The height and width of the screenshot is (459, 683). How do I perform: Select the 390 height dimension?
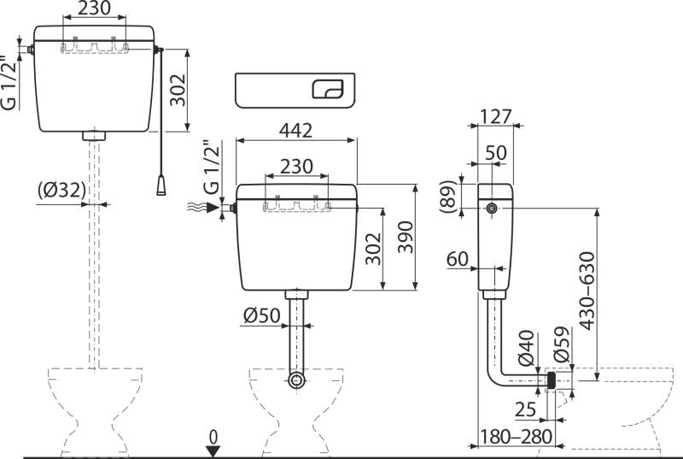[406, 238]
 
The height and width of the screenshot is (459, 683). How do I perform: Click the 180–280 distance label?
[517, 437]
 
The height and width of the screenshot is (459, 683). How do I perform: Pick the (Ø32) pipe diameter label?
[61, 191]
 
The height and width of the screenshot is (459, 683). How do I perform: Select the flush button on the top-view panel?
[328, 88]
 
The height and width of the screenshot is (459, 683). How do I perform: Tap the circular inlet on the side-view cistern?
[493, 209]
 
